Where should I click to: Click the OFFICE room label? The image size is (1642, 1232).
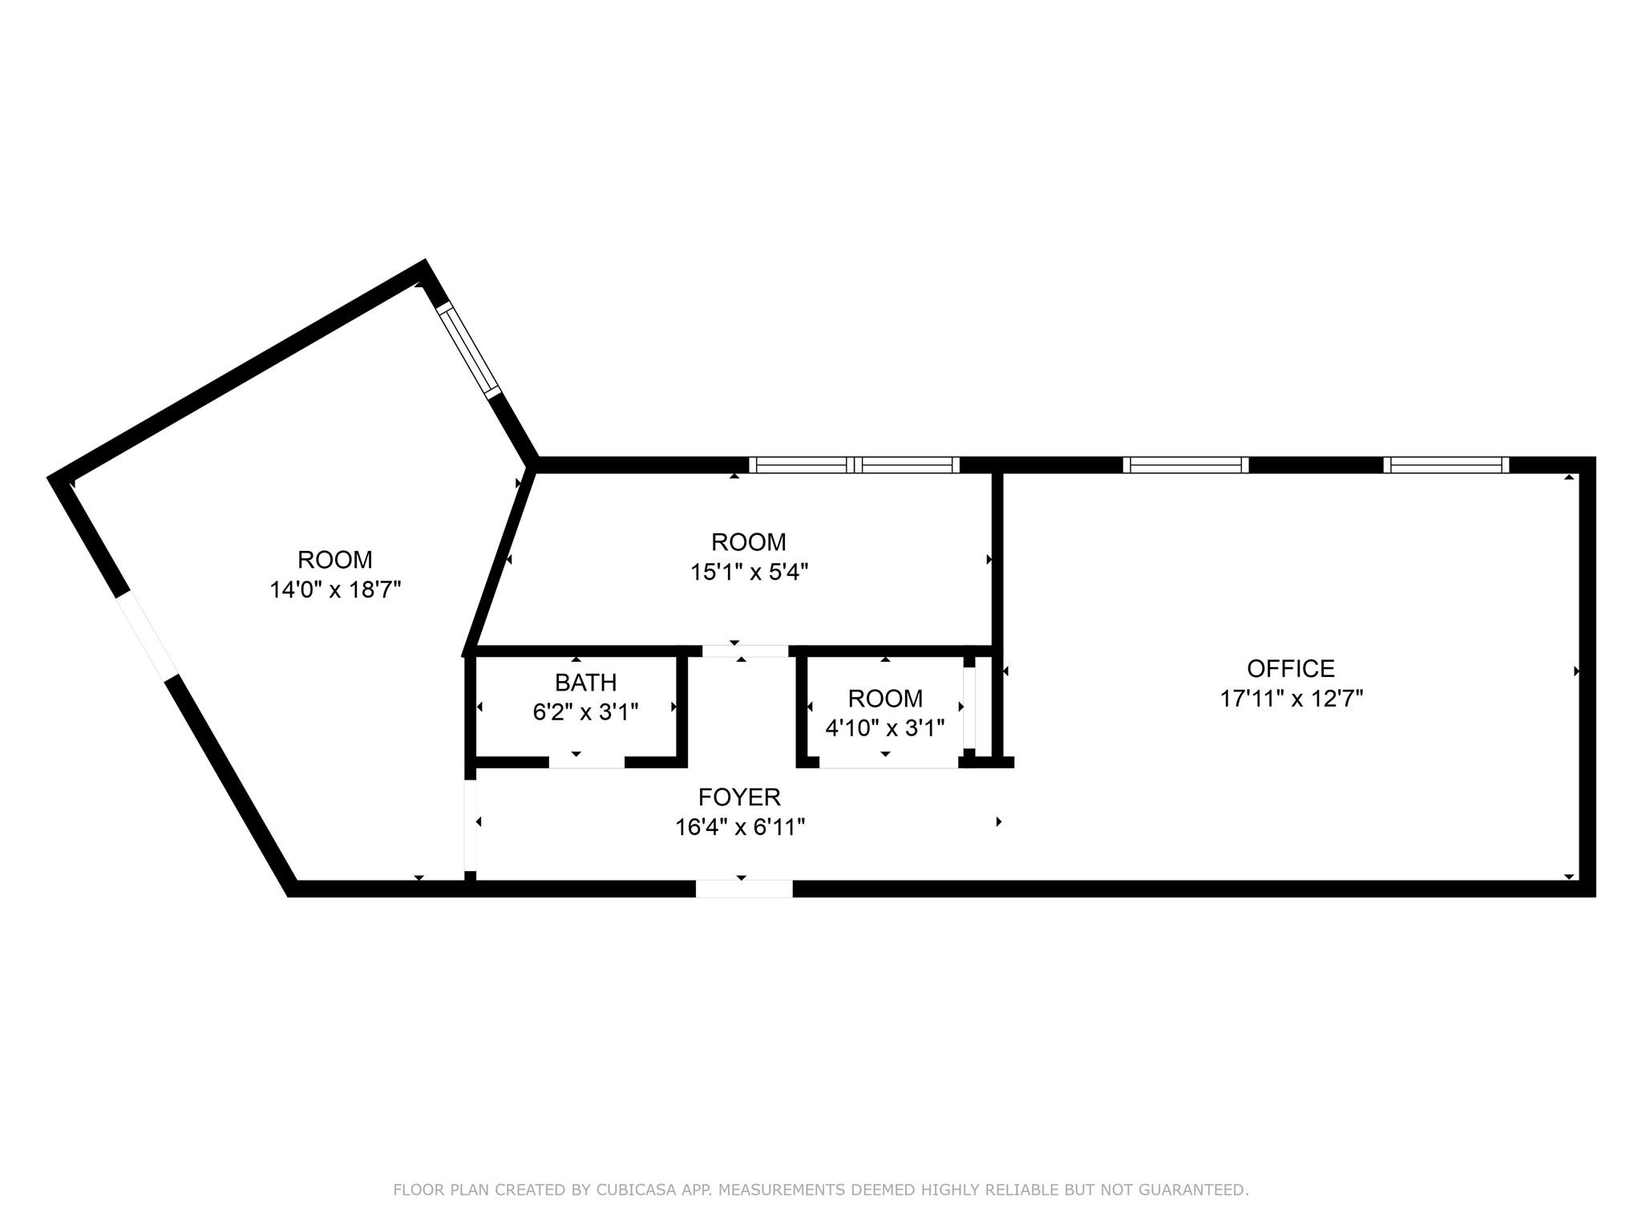pos(1291,668)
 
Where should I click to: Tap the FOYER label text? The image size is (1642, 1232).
pos(739,796)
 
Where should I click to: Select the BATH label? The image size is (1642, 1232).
pos(585,683)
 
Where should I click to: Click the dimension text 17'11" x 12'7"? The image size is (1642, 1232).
pos(1292,699)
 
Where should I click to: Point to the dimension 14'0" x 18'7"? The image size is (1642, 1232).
pos(335,590)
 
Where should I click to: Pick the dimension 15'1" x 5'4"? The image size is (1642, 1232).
pos(749,572)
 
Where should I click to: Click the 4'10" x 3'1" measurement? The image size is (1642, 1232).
pos(885,728)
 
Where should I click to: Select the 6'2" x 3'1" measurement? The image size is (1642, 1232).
pos(585,712)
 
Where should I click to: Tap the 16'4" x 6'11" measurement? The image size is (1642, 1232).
pos(740,827)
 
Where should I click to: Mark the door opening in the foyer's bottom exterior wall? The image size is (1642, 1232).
pos(744,889)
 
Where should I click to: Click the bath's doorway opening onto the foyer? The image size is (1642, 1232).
pos(587,763)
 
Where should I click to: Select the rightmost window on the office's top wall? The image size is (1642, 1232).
pos(1446,465)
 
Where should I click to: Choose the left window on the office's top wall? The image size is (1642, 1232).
pos(1186,465)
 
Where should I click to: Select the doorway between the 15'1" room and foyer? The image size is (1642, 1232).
pos(746,651)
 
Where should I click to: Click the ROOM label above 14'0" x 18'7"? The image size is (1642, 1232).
pos(335,559)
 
